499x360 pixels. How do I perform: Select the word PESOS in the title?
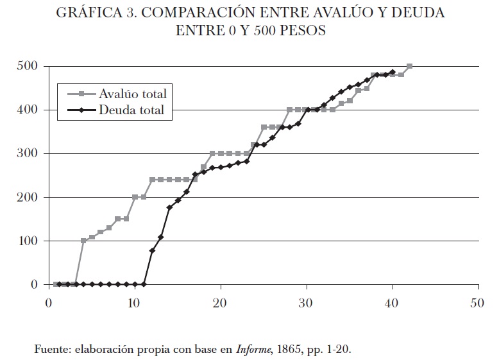tap(302, 31)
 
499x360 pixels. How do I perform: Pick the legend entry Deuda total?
tap(131, 110)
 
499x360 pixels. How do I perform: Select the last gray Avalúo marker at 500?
tap(410, 66)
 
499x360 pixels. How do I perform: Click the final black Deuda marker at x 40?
tap(393, 73)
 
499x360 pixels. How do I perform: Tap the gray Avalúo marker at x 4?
tap(83, 241)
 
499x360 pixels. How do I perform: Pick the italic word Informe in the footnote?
tap(250, 350)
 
